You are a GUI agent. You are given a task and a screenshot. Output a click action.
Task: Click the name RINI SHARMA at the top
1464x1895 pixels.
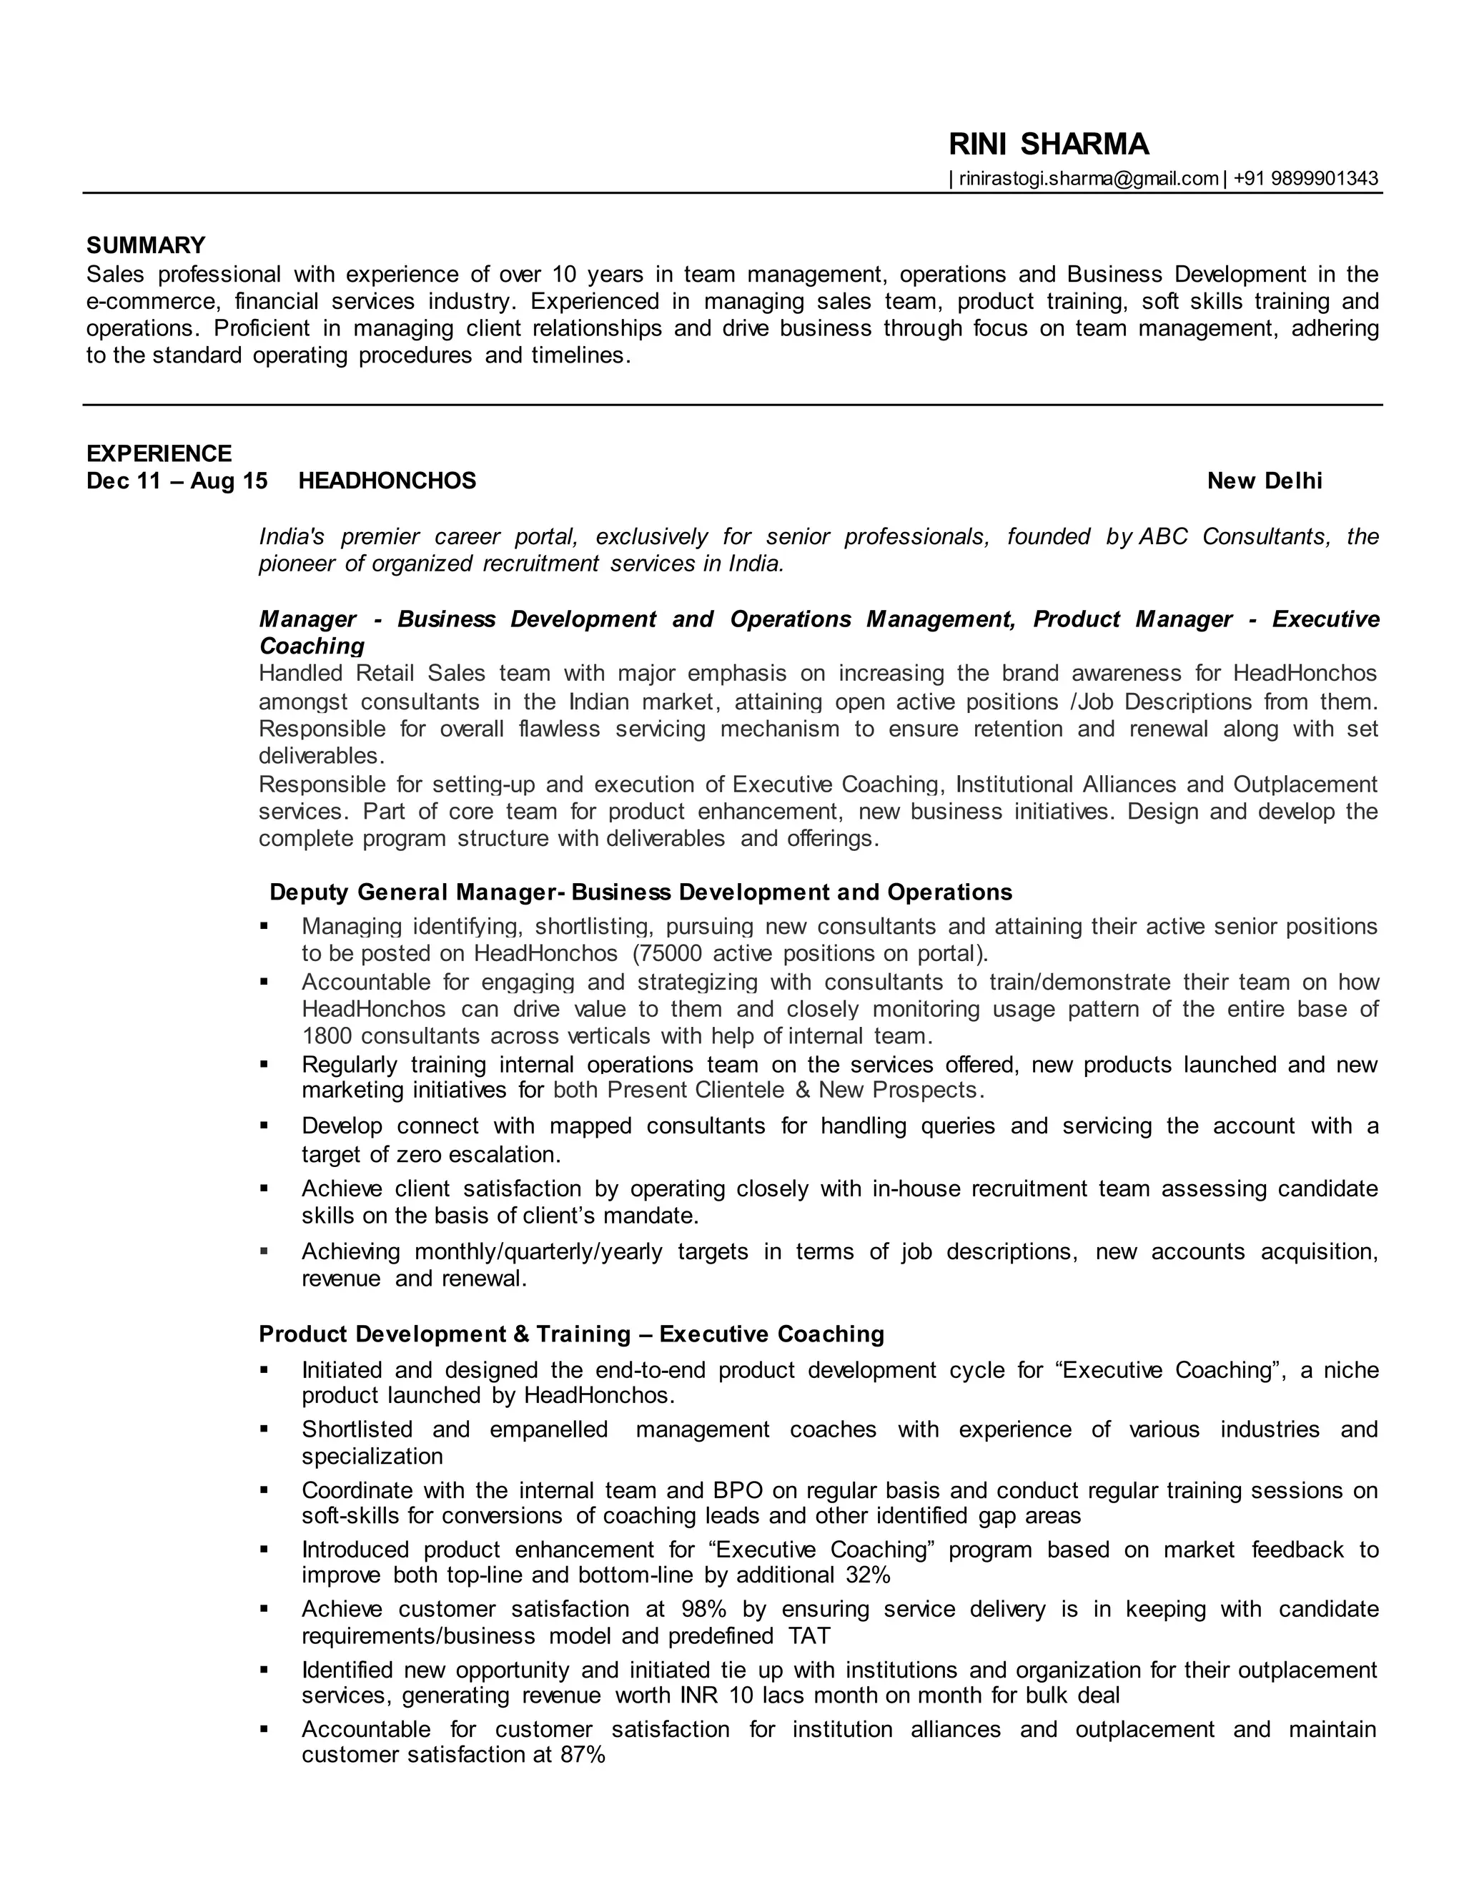(1048, 144)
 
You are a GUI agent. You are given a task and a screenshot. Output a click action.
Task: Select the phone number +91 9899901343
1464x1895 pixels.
(1305, 179)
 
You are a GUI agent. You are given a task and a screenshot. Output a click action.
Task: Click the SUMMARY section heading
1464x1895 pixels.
(146, 245)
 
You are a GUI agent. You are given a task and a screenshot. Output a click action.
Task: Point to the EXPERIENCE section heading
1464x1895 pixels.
(159, 454)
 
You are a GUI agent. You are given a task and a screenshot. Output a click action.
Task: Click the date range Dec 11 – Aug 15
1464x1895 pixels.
(177, 481)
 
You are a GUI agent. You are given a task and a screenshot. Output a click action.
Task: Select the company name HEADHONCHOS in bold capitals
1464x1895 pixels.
(387, 481)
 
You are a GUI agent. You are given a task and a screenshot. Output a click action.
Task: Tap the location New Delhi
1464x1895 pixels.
(1264, 481)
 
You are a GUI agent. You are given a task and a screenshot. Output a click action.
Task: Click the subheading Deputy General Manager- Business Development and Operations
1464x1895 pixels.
(640, 892)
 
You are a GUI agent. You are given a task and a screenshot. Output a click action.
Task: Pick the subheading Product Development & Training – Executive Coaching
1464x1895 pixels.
(570, 1334)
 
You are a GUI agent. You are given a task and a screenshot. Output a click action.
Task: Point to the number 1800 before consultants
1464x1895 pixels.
(328, 1036)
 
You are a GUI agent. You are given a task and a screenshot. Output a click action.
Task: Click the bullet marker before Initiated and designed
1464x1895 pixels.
(264, 1371)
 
